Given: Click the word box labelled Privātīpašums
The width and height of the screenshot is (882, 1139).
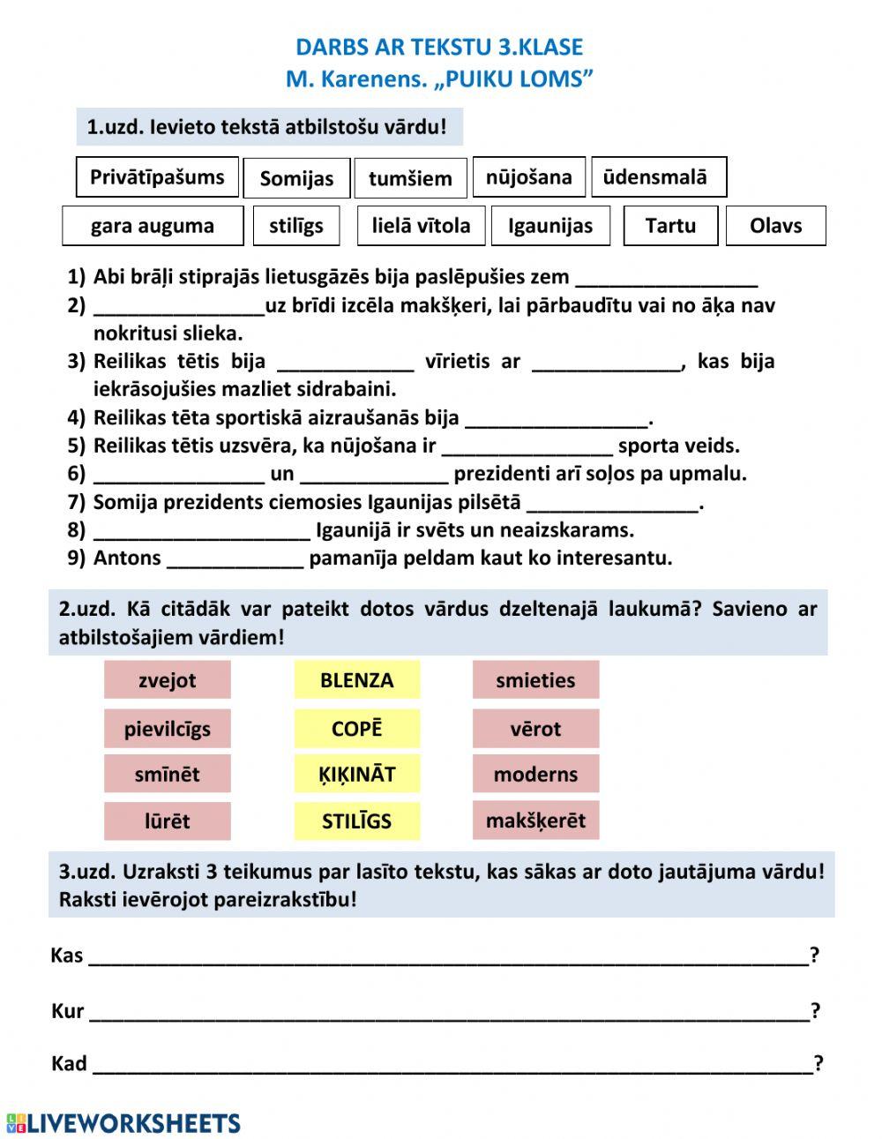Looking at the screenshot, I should pyautogui.click(x=157, y=177).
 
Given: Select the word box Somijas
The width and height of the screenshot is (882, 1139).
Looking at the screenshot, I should pyautogui.click(x=296, y=178).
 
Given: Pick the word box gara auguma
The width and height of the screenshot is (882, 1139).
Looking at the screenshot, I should pyautogui.click(x=153, y=226).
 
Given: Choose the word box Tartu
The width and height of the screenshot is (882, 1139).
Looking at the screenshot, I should pyautogui.click(x=670, y=226).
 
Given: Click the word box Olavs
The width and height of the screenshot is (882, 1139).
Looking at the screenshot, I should pyautogui.click(x=775, y=226).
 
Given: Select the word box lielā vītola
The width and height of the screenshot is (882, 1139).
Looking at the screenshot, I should pyautogui.click(x=421, y=226).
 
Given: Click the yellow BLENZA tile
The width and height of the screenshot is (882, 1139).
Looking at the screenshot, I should pyautogui.click(x=357, y=680).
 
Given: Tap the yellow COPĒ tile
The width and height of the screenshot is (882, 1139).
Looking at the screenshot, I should pyautogui.click(x=357, y=729).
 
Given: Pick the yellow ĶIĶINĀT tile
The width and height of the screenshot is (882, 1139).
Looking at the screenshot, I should pyautogui.click(x=357, y=774).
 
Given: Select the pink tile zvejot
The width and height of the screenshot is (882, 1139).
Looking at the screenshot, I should pyautogui.click(x=168, y=680).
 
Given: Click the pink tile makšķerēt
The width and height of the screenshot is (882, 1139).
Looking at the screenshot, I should pyautogui.click(x=535, y=820).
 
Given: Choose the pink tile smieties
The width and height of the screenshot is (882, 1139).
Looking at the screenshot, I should pyautogui.click(x=535, y=680).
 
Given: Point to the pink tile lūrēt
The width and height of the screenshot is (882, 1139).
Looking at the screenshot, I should pyautogui.click(x=168, y=821).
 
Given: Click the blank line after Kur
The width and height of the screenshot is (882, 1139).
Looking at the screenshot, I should pyautogui.click(x=449, y=1013).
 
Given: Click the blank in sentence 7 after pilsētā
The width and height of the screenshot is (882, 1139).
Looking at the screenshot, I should pyautogui.click(x=613, y=505).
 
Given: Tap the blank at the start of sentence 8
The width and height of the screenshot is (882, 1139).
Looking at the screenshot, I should pyautogui.click(x=202, y=532).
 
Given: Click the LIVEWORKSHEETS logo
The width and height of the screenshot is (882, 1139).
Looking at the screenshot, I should pyautogui.click(x=123, y=1122).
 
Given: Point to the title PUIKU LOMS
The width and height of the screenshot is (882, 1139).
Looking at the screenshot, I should pyautogui.click(x=512, y=79).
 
